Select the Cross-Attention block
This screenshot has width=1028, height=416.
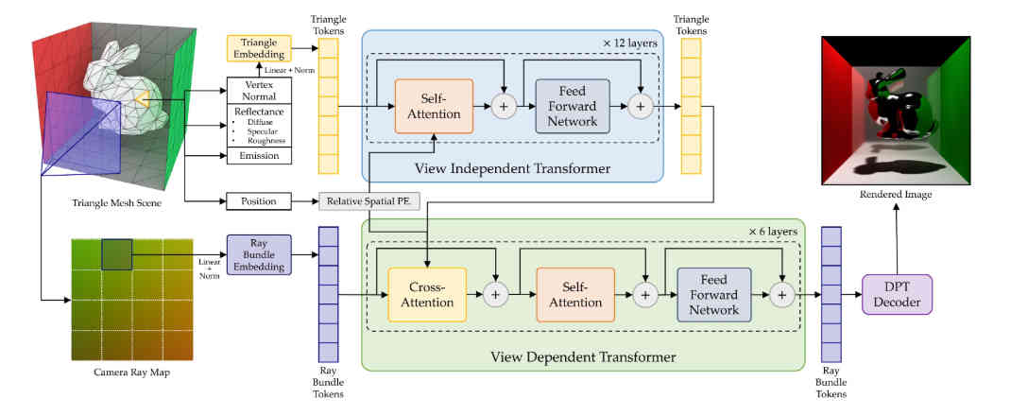tap(427, 294)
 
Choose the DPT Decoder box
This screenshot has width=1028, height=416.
tap(897, 294)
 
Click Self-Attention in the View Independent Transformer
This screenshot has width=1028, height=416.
tap(432, 106)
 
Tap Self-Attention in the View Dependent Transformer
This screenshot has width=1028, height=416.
tap(574, 294)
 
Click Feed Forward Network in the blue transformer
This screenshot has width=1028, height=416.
tap(572, 106)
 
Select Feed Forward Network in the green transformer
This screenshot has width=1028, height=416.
tap(713, 294)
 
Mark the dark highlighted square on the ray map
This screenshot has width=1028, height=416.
tap(116, 254)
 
